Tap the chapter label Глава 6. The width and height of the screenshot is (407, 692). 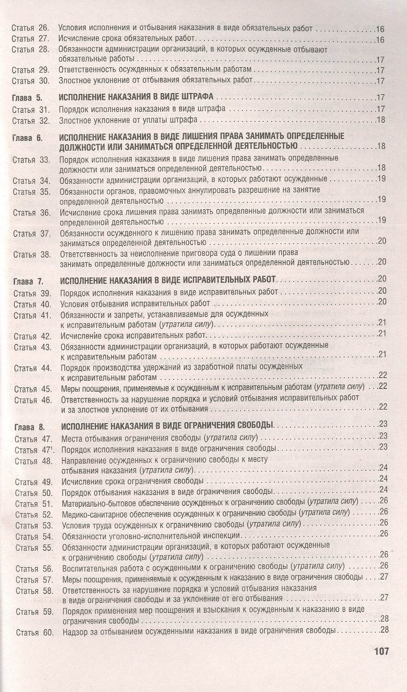pos(28,137)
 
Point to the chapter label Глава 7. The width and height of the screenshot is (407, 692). pos(28,282)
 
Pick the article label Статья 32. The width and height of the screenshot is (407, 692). pos(30,121)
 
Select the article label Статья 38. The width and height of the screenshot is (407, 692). pos(31,254)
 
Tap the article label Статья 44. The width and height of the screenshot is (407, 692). pos(32,368)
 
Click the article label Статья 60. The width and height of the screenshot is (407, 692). pos(34,633)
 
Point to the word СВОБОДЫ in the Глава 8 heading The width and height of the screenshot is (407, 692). pos(258,425)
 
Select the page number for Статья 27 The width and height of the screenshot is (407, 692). pos(380,40)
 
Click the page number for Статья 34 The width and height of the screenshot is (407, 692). pos(382,179)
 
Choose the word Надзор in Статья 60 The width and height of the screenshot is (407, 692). pos(74,631)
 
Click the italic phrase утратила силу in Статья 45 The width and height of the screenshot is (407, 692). pos(340,387)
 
